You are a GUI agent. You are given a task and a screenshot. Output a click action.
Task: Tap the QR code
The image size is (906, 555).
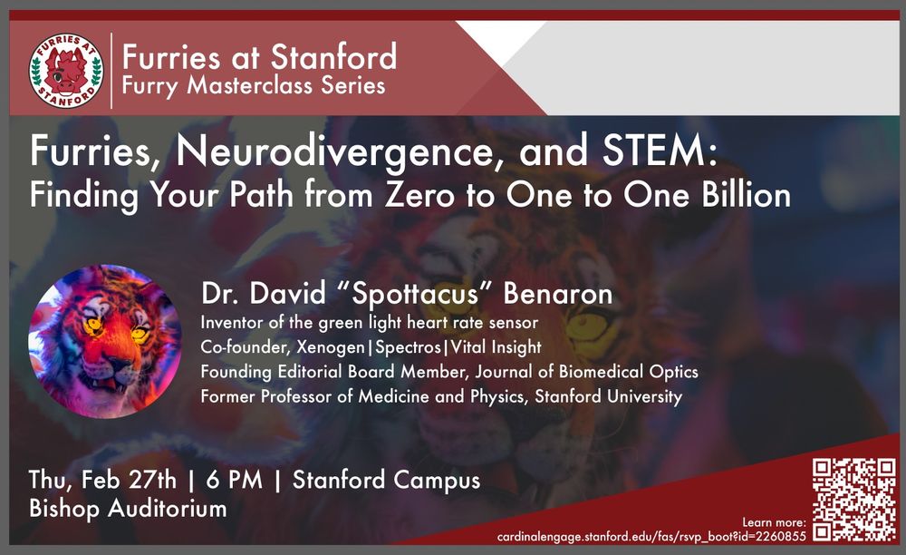click(852, 499)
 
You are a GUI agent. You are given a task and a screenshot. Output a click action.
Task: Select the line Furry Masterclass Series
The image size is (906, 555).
click(254, 86)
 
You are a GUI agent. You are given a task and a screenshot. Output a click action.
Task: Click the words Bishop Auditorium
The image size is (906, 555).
click(128, 508)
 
